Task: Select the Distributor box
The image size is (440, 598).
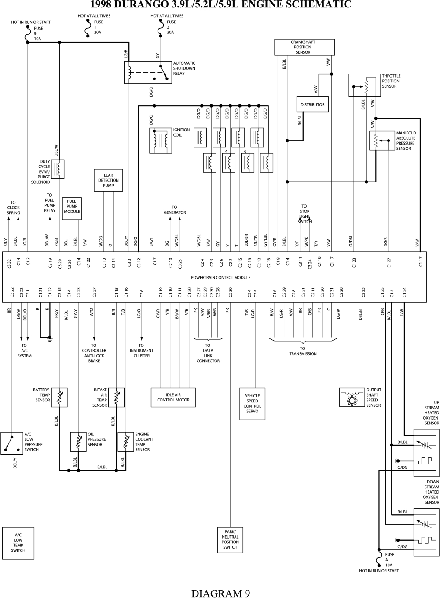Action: (x=312, y=104)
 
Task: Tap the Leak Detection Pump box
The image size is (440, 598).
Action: (x=108, y=180)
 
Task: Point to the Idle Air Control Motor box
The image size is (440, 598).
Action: (x=173, y=397)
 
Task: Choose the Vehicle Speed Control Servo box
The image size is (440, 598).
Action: (x=252, y=403)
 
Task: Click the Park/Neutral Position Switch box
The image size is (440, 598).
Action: (x=230, y=540)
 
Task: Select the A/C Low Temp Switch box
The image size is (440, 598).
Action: (x=18, y=543)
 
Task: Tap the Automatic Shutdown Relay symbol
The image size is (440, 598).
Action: (x=147, y=72)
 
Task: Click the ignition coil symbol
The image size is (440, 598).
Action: (x=161, y=141)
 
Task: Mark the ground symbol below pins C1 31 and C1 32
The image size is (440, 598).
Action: (x=50, y=338)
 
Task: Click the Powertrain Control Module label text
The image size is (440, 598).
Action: (x=220, y=278)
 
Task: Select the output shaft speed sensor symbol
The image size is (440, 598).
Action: (x=352, y=397)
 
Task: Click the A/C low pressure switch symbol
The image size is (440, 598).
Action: (x=11, y=443)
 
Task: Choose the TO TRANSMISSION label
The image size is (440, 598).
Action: (x=303, y=351)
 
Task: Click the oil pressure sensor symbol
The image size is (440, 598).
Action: (x=78, y=442)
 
